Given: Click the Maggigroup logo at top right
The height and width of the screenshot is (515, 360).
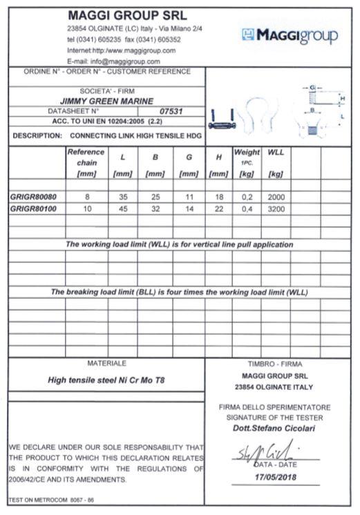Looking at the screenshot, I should (x=290, y=35).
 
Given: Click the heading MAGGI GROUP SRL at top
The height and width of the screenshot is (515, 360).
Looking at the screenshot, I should (x=128, y=15).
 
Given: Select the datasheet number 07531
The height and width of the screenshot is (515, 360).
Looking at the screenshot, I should (x=170, y=110).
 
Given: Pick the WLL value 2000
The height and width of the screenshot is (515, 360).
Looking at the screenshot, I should (x=276, y=196).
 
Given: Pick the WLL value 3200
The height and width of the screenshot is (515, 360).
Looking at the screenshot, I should (x=276, y=208).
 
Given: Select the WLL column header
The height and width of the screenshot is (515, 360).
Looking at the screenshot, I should (x=276, y=152).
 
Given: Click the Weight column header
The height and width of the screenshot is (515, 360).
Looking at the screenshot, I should (x=247, y=152).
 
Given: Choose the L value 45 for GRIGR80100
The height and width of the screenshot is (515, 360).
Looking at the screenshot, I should (x=122, y=208).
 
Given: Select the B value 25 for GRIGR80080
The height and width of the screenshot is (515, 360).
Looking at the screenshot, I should (x=155, y=196).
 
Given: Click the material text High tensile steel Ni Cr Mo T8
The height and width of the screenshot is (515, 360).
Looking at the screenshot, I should (x=106, y=380).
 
